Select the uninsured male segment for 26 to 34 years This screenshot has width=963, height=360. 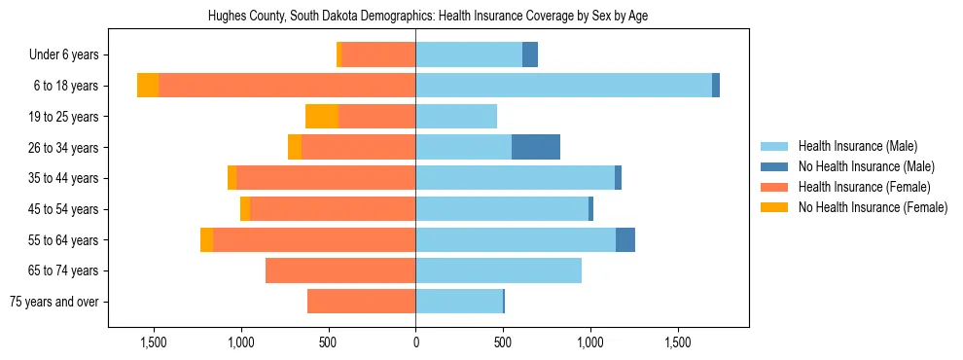coord(536,147)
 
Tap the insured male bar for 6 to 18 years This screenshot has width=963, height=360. coord(563,86)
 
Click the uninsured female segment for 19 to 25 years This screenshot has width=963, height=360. coord(322,117)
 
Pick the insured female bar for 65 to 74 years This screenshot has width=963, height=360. coord(340,270)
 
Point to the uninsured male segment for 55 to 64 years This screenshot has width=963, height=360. coord(625,239)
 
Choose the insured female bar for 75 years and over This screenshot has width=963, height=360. coord(361,302)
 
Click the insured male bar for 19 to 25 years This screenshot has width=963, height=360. coord(456,117)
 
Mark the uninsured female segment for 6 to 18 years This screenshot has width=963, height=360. coord(148,86)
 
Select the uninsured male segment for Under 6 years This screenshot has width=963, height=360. coord(530,54)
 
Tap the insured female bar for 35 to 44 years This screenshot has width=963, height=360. coord(326,178)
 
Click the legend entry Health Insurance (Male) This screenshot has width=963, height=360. coord(857,146)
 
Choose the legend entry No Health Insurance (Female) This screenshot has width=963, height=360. coord(873,207)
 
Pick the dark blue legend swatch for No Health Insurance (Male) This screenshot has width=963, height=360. coord(775,166)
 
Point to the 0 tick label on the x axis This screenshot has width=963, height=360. coord(415,342)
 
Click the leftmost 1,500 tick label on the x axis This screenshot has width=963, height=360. coord(154,342)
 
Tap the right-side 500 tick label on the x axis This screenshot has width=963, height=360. coord(503,342)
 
